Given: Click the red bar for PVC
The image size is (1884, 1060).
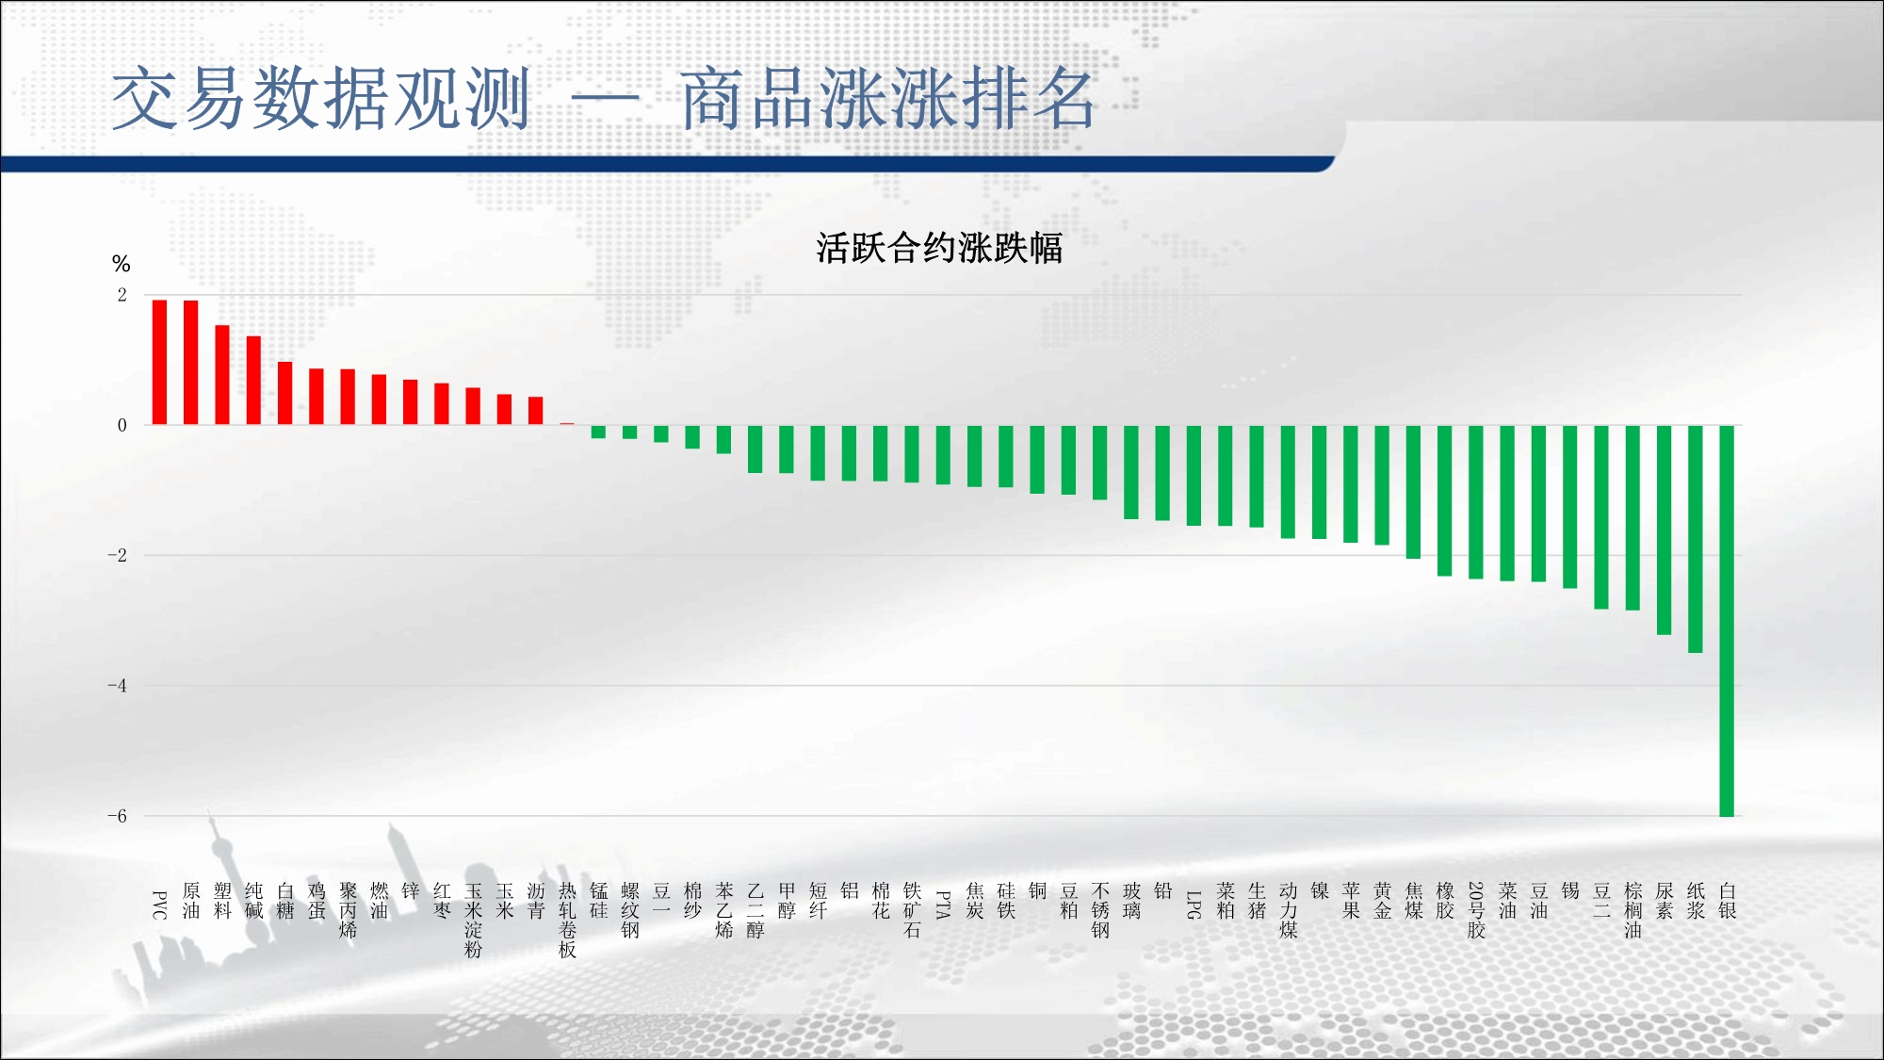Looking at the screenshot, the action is click(x=159, y=362).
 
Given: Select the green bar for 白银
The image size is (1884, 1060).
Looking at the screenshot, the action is click(x=1727, y=621).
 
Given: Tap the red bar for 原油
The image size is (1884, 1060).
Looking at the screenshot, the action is click(x=191, y=363).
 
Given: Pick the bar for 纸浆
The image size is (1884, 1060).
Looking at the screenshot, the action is click(x=1696, y=539).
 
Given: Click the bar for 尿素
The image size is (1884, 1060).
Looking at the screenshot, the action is click(x=1665, y=530).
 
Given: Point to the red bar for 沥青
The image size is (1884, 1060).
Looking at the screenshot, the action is click(x=536, y=411).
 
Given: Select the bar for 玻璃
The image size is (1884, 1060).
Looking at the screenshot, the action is click(x=1131, y=472).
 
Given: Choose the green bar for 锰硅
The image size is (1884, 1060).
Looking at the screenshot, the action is click(x=598, y=432).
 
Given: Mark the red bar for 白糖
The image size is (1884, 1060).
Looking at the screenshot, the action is click(x=285, y=393).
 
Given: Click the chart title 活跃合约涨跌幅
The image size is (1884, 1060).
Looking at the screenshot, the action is click(x=939, y=248).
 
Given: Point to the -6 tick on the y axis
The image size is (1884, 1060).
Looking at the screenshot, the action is click(x=117, y=816).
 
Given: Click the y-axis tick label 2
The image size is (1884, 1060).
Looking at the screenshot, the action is click(x=122, y=295).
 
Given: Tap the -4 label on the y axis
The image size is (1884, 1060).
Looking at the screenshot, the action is click(x=117, y=686).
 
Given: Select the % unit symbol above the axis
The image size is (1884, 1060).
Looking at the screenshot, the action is click(x=121, y=264).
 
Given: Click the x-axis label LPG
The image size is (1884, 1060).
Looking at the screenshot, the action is click(x=1194, y=905).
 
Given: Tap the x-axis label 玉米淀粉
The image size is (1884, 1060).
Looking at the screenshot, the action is click(x=473, y=921).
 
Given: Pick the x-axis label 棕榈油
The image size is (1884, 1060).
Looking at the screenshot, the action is click(x=1632, y=911).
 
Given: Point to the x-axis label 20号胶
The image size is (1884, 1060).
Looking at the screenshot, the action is click(x=1476, y=911).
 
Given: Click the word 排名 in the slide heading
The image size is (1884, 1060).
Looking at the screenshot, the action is click(x=1027, y=99).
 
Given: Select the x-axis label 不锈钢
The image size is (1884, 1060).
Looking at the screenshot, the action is click(x=1100, y=911).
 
